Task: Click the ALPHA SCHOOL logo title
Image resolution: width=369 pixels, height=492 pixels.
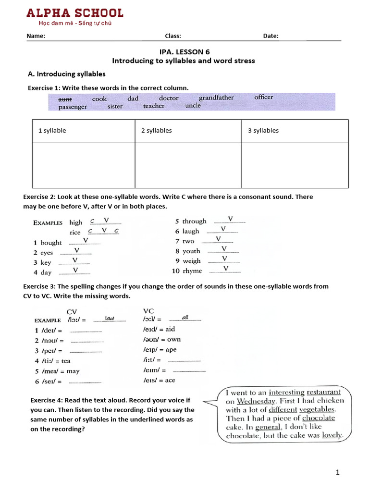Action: tap(74, 13)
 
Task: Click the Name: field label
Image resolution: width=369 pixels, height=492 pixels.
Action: tap(36, 36)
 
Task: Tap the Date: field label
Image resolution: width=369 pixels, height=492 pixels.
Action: tap(271, 36)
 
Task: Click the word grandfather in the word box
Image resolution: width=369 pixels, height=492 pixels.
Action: tap(216, 98)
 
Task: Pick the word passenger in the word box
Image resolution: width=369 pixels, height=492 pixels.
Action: tap(73, 107)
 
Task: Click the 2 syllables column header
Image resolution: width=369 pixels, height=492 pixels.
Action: tap(156, 130)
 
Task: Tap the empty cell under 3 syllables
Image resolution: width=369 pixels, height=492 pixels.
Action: tap(295, 165)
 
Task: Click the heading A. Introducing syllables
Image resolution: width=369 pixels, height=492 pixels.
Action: tap(66, 74)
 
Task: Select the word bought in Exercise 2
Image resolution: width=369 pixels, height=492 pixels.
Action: tap(51, 243)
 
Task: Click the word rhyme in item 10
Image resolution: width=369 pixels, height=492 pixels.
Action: tap(192, 271)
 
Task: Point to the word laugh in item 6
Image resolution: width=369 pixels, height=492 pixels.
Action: tap(191, 231)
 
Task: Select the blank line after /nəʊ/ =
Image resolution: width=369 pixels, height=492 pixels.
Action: tap(86, 341)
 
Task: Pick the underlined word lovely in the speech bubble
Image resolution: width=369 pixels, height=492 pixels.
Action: tap(332, 435)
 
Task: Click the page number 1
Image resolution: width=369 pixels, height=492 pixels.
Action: tap(338, 472)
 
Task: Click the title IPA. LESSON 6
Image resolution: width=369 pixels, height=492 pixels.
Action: tap(184, 51)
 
